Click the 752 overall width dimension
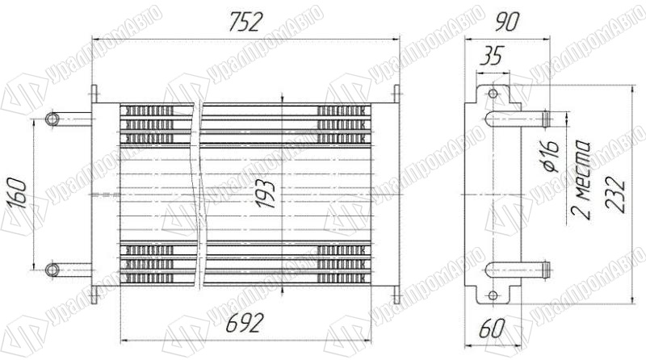click(245, 22)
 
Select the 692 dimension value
click(245, 323)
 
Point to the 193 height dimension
click(265, 194)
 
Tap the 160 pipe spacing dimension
click(17, 194)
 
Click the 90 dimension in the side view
click(508, 22)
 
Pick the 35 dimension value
click(493, 56)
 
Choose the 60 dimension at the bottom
click(493, 329)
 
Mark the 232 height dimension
click(616, 195)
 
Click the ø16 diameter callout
click(551, 157)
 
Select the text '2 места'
click(581, 181)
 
